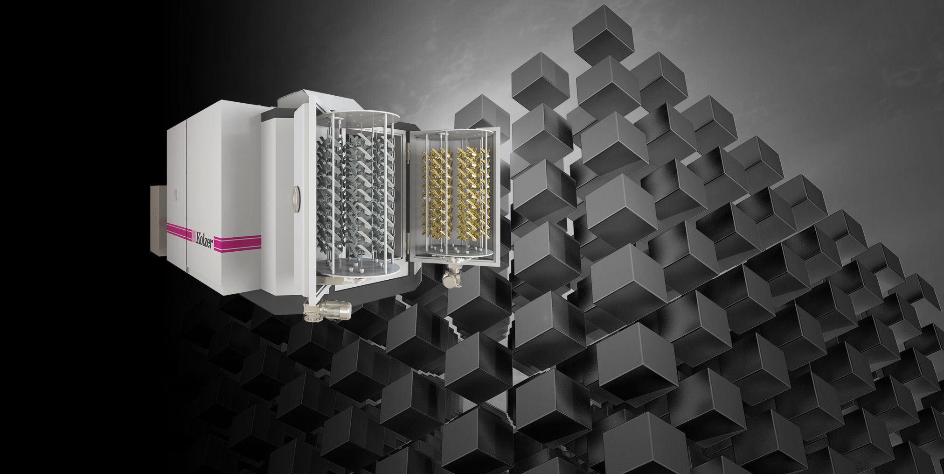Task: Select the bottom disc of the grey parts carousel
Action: (357, 269)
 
